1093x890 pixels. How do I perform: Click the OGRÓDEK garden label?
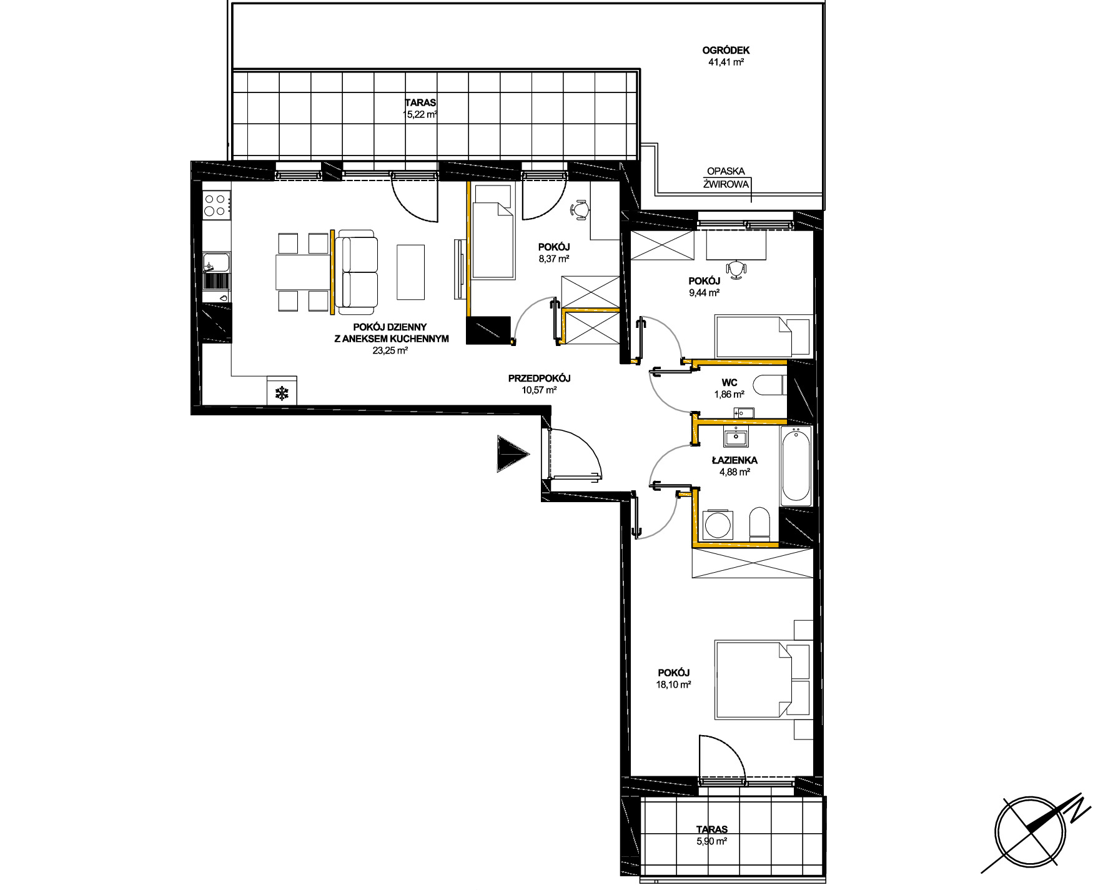tap(726, 51)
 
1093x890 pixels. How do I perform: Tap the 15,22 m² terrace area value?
tap(420, 114)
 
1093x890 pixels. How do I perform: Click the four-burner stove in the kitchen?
tap(216, 205)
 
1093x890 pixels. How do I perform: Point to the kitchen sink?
tap(216, 263)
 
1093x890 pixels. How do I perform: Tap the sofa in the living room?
tap(357, 272)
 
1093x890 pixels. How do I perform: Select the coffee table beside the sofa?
tap(410, 272)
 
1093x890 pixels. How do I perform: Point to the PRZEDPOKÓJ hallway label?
tap(539, 378)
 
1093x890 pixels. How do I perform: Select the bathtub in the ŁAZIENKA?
tap(795, 465)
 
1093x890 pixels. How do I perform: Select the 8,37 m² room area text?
tap(554, 259)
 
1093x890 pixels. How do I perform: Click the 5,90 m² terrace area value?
tap(712, 841)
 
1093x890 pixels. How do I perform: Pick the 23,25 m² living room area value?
tap(390, 351)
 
